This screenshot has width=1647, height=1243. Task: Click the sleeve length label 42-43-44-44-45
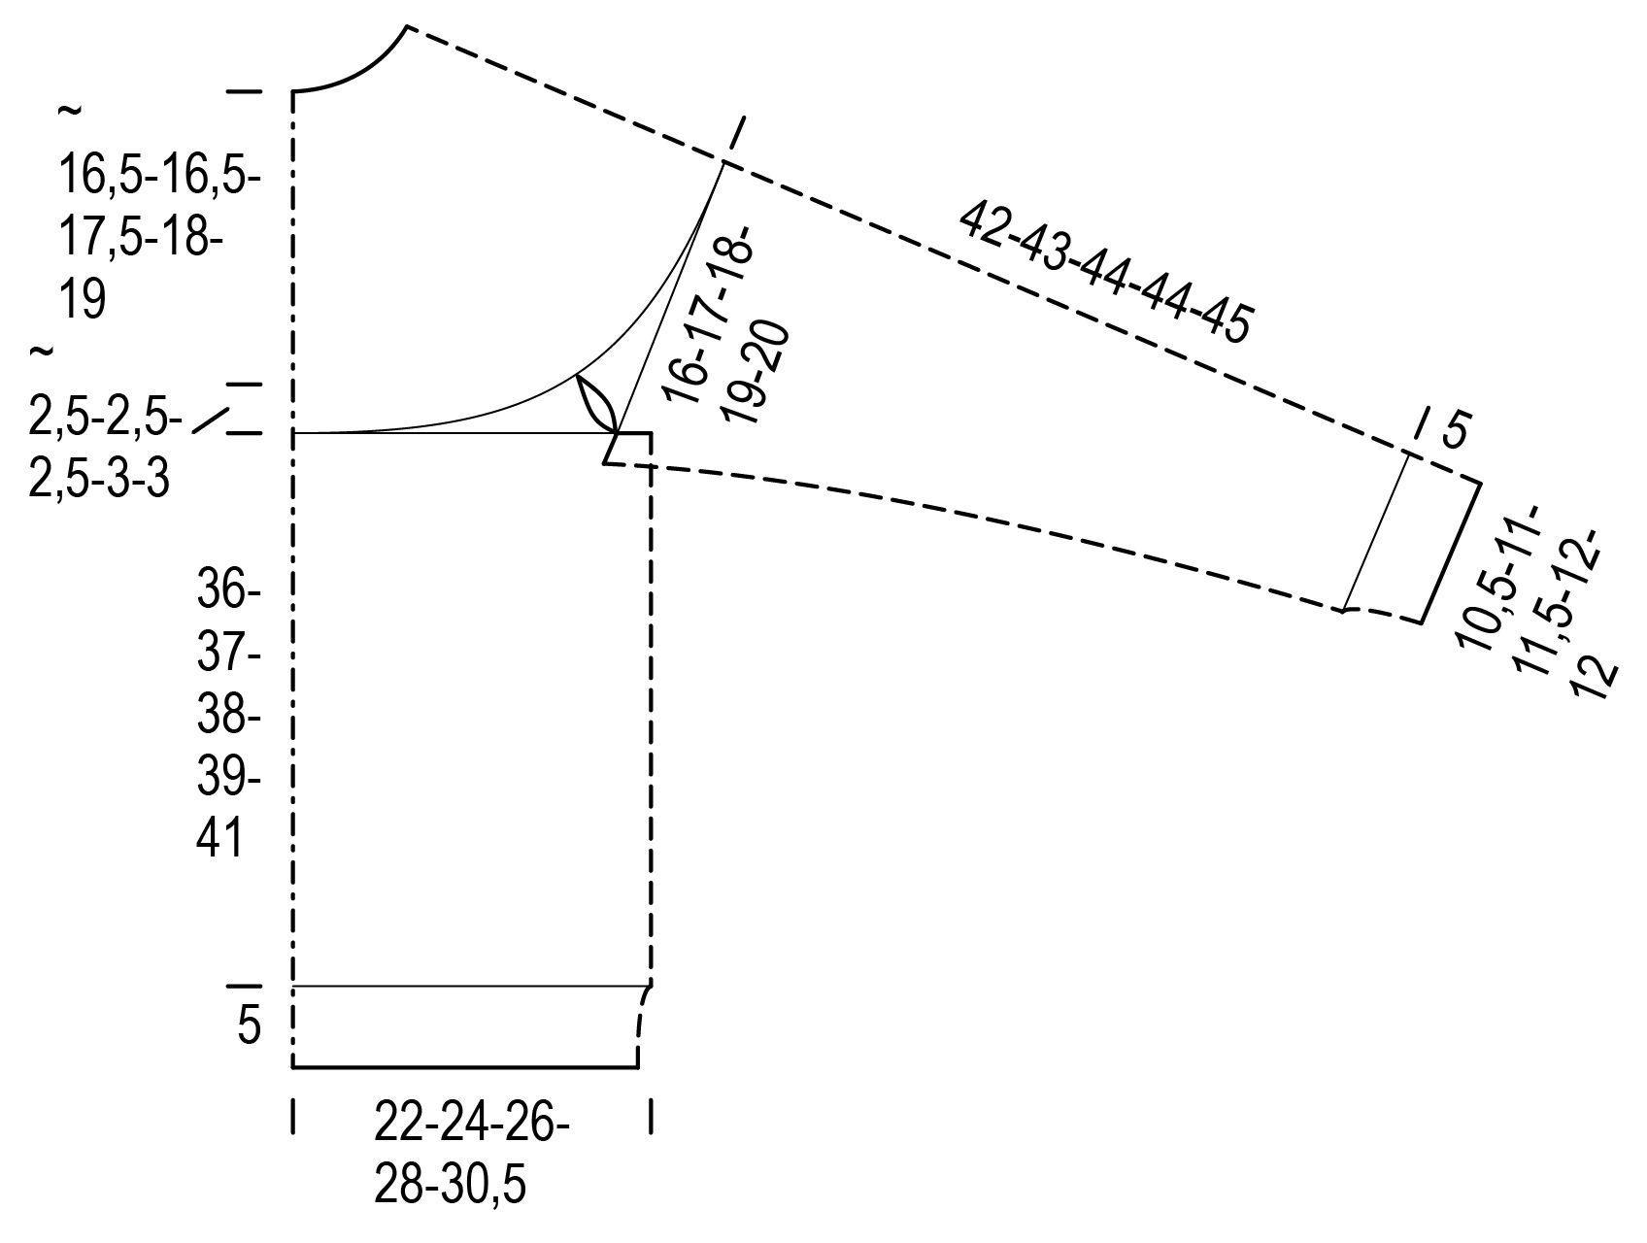pyautogui.click(x=1104, y=273)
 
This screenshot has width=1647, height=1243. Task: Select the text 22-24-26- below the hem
pyautogui.click(x=472, y=1126)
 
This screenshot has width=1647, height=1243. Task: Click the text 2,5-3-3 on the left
pyautogui.click(x=99, y=479)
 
